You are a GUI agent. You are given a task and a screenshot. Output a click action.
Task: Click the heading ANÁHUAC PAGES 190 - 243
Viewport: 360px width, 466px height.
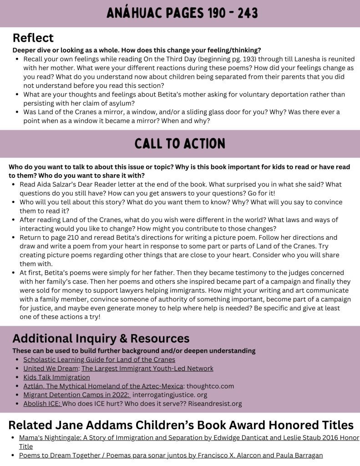tap(182, 13)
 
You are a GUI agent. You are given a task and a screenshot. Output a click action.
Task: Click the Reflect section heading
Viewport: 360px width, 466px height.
tap(33, 38)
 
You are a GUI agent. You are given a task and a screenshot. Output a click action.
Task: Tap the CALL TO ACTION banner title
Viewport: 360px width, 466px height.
tap(180, 144)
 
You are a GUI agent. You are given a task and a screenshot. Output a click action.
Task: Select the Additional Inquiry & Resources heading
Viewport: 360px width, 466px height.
tap(101, 339)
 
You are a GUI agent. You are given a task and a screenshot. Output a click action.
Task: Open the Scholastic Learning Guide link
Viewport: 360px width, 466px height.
tap(93, 360)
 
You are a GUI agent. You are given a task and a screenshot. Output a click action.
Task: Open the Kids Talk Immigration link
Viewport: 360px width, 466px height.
tap(56, 377)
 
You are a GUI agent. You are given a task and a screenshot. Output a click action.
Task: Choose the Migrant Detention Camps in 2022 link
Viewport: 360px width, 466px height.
tap(76, 395)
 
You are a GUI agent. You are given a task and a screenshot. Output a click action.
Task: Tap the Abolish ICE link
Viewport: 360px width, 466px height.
tap(42, 403)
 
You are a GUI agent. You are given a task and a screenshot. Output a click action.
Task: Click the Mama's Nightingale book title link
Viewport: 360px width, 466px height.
tap(182, 438)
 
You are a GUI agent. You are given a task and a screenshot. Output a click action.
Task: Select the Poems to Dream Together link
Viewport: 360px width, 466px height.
tap(171, 455)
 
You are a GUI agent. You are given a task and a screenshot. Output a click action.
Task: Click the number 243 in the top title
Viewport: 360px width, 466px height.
tap(245, 13)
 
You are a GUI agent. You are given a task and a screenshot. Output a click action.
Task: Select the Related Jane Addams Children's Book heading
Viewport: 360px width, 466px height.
tap(181, 425)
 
